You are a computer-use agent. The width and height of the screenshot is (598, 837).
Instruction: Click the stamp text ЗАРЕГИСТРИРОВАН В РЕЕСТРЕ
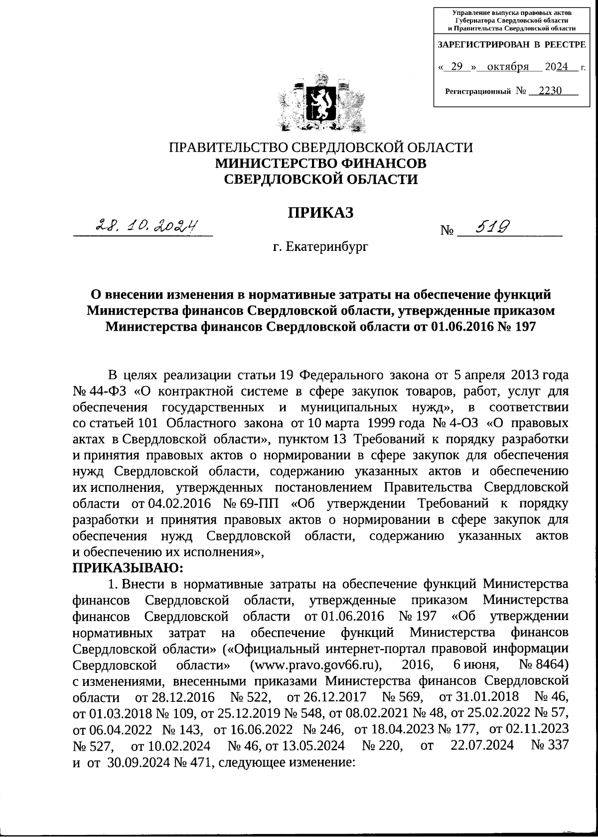[x=511, y=44]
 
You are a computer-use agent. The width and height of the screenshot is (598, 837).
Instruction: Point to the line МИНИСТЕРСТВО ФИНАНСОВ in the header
[x=320, y=163]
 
